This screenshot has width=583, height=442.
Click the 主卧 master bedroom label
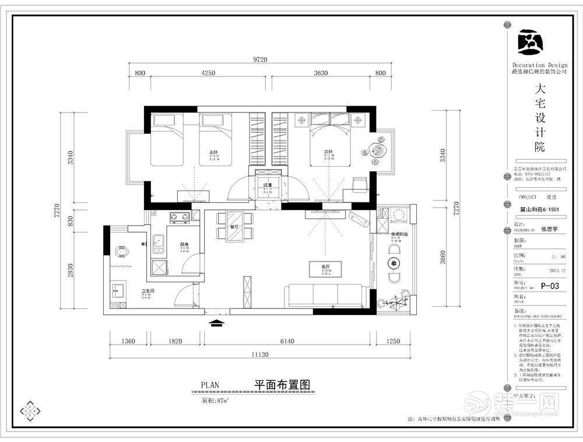(213, 152)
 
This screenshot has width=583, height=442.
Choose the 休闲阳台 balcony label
(399, 235)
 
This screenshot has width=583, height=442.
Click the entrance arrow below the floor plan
(216, 322)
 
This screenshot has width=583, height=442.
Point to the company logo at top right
(531, 41)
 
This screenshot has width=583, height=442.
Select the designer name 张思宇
(549, 229)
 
